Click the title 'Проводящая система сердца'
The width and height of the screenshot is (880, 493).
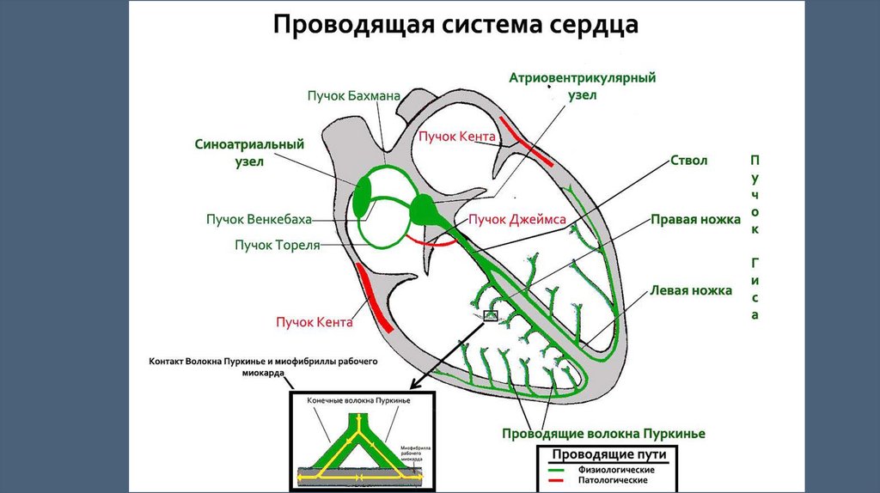[x=455, y=25]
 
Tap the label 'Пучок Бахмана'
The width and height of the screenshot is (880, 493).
[x=354, y=96]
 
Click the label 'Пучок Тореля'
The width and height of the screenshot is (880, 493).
[x=278, y=245]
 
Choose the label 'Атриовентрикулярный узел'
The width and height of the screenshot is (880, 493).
[x=582, y=87]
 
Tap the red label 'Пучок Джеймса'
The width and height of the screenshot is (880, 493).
[x=516, y=220]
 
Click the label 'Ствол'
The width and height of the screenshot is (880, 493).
[x=687, y=161]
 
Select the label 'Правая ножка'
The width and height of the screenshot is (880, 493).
[x=694, y=220]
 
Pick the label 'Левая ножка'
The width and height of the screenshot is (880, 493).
[x=691, y=290]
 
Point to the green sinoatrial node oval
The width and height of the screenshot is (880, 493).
[x=363, y=196]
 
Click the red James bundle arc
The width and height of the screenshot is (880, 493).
[x=434, y=243]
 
